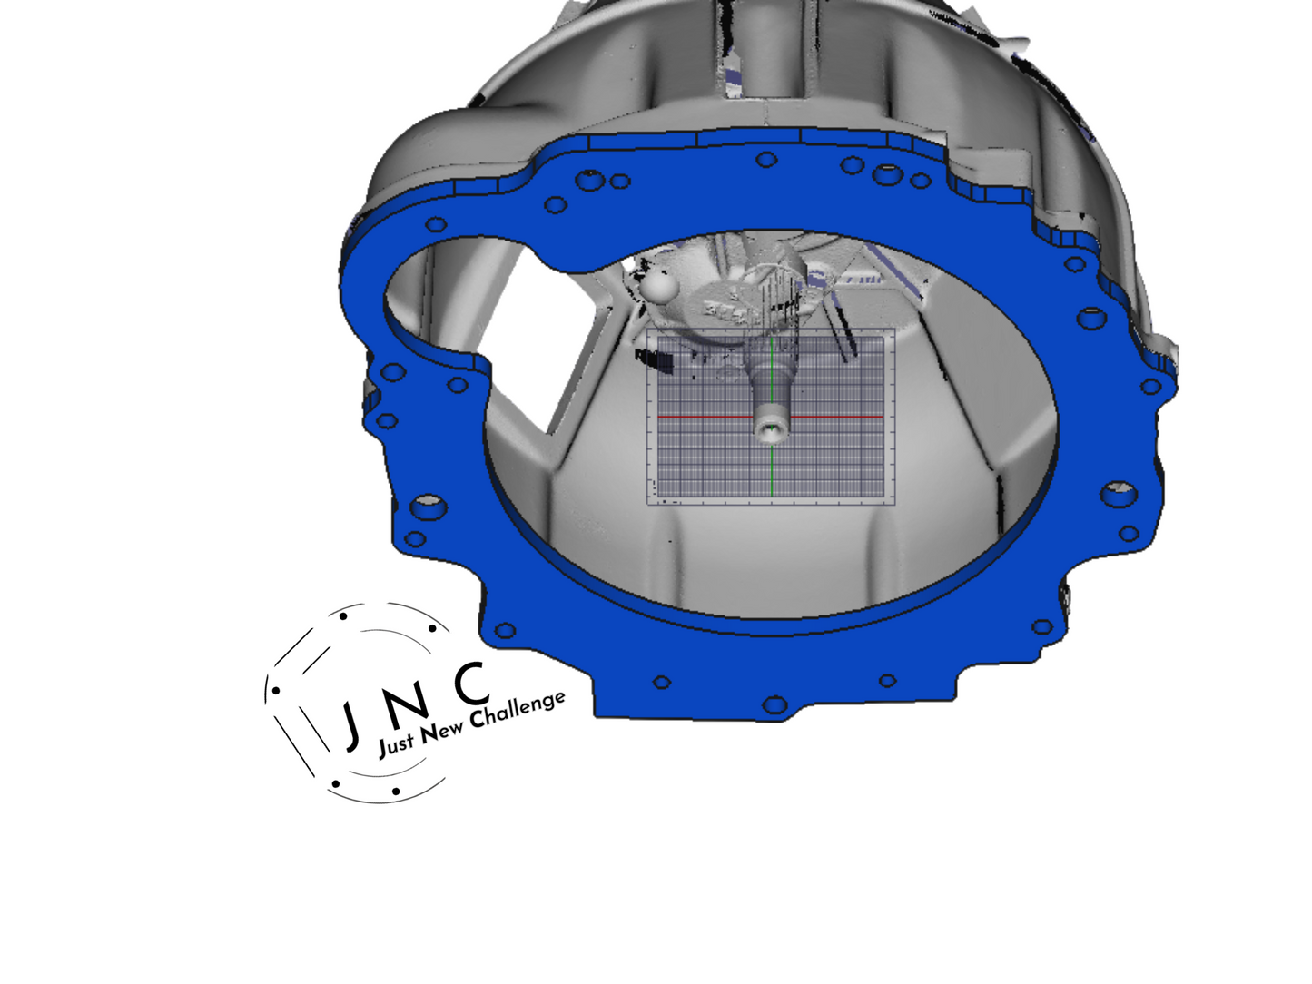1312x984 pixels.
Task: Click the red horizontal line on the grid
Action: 771,416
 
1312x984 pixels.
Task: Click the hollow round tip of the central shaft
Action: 770,429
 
